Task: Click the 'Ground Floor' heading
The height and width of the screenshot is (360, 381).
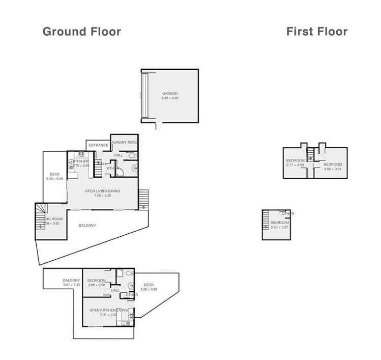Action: (81, 32)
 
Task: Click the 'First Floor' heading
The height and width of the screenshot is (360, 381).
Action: (316, 32)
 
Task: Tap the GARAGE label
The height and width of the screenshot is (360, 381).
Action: (170, 94)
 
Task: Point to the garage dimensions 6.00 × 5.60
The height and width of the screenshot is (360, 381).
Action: (170, 98)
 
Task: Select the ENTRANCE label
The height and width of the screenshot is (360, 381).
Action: (98, 146)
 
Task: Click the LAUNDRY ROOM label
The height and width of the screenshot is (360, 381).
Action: (125, 143)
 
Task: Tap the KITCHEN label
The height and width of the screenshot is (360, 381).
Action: (81, 161)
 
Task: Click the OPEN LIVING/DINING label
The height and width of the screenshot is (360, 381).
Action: (102, 191)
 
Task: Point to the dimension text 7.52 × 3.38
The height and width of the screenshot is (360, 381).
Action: (102, 196)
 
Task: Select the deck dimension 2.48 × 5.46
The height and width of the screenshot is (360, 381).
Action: (54, 179)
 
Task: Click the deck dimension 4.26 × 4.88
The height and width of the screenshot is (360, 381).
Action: (149, 289)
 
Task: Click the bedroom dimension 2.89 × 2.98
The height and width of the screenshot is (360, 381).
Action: (96, 285)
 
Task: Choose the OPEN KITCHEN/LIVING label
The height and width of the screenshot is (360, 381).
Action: (108, 310)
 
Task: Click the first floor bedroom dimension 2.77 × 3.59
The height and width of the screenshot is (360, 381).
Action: (295, 165)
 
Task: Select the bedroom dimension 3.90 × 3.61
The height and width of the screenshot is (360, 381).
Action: (333, 169)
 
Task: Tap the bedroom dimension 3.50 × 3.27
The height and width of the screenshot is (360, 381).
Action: (279, 228)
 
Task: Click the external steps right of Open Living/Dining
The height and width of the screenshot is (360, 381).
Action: (143, 199)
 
